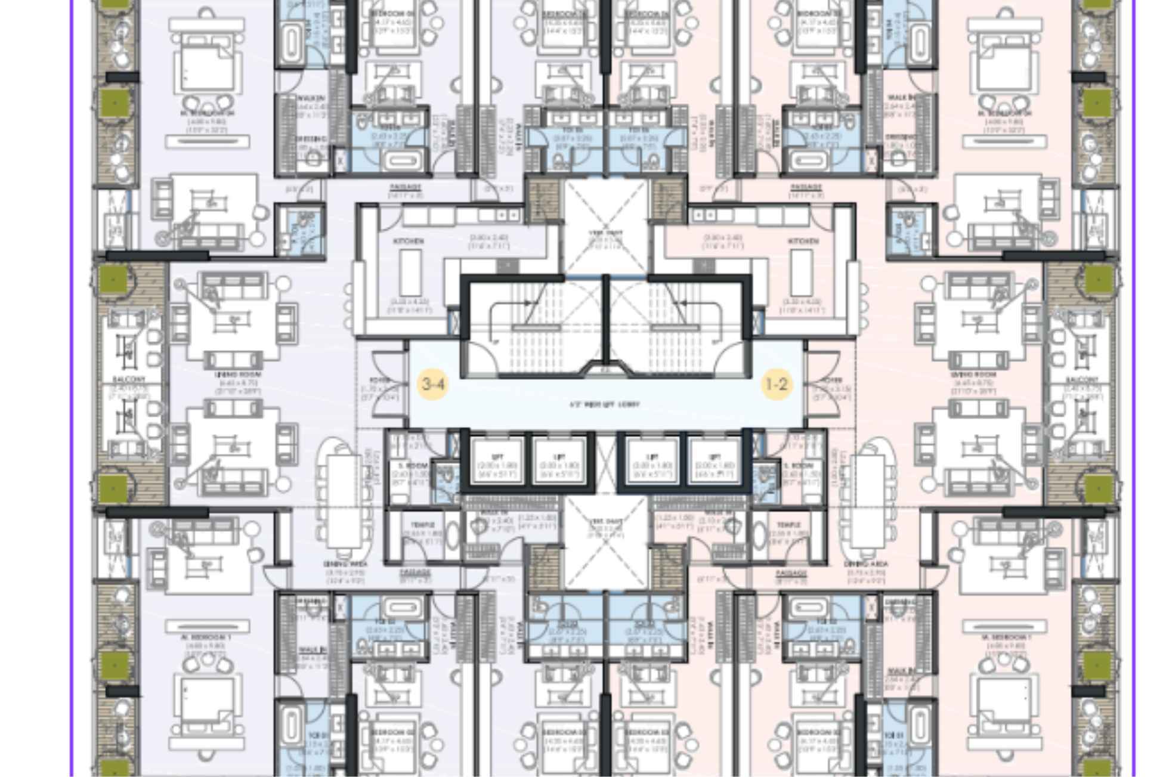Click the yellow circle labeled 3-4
[x=433, y=384]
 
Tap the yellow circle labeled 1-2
[x=777, y=384]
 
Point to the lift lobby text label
[x=605, y=404]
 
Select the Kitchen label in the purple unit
[x=409, y=241]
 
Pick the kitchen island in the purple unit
[x=410, y=272]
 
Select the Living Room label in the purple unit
[x=230, y=374]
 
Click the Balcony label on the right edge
[x=1082, y=379]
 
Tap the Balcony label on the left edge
[x=128, y=379]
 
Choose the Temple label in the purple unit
[x=422, y=525]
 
